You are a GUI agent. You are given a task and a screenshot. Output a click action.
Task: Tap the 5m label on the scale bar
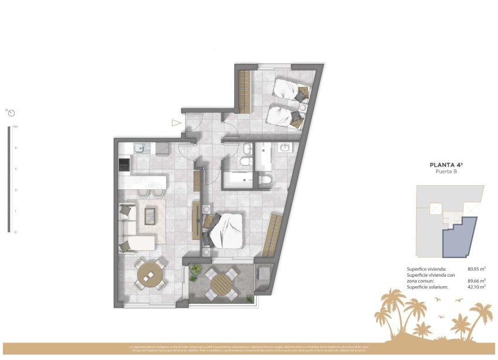pos(15,127)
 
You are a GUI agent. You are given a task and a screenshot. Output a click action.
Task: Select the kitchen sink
pos(139,148)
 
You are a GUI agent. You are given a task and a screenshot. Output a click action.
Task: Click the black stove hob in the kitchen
pos(124,165)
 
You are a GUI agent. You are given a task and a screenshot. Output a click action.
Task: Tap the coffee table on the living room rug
pos(151,216)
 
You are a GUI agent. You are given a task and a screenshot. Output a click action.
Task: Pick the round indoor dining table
pos(151,274)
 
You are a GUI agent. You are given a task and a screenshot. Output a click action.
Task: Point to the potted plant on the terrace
pos(193,271)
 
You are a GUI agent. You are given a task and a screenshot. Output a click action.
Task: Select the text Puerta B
pos(448,172)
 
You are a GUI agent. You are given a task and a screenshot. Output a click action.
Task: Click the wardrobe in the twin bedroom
pos(244,91)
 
